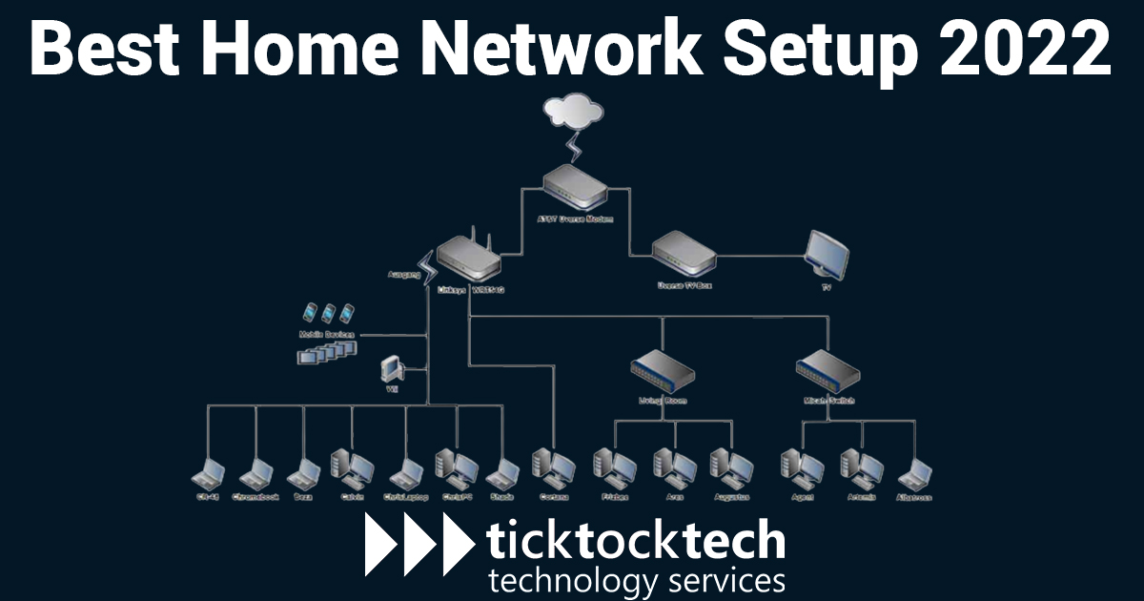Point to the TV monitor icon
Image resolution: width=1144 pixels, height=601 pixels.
tap(827, 254)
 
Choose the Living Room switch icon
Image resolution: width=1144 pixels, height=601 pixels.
tap(663, 370)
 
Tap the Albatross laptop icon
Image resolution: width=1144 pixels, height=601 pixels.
tap(914, 473)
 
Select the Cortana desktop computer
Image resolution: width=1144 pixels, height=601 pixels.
tap(552, 466)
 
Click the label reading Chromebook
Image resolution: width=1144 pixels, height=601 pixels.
tap(255, 497)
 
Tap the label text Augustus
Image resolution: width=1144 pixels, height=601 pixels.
tap(732, 497)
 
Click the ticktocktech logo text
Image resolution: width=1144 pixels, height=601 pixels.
tap(635, 540)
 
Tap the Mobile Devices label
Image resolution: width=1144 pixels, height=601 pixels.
tap(326, 336)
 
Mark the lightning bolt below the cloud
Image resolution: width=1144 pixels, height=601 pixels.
tap(574, 148)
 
